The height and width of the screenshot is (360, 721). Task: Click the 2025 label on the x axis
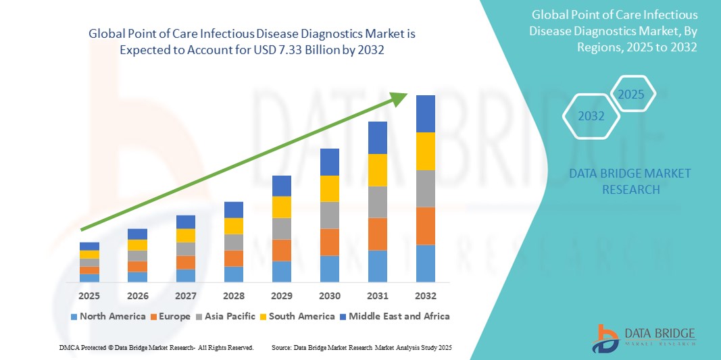[x=89, y=296]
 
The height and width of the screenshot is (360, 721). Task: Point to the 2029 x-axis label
[x=282, y=296]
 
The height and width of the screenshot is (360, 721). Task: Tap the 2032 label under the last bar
[x=426, y=296]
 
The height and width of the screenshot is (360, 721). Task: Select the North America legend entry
[x=108, y=316]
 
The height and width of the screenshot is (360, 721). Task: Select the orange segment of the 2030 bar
[x=330, y=242]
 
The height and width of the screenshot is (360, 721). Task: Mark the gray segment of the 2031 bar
[x=378, y=202]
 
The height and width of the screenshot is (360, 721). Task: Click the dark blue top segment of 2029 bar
[x=282, y=186]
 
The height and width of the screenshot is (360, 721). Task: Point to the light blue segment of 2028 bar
[x=234, y=274]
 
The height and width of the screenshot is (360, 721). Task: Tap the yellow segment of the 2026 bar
[x=137, y=245]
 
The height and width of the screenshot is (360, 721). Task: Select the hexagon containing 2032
[x=591, y=116]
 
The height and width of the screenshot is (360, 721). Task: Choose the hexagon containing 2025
[x=632, y=94]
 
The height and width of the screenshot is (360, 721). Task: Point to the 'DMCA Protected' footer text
[x=84, y=347]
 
